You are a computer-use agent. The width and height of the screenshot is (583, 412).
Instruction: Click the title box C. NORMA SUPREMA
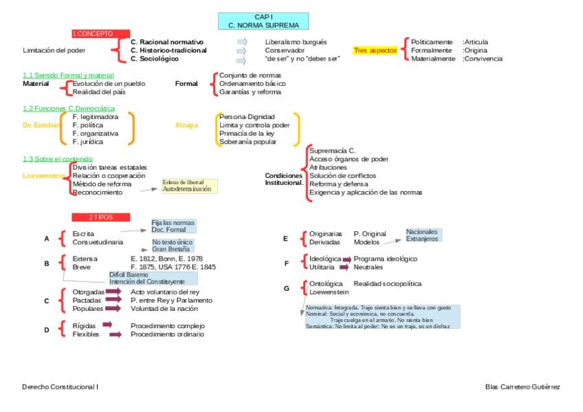point(263,21)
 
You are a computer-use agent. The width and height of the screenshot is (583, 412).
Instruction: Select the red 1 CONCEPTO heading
point(101,33)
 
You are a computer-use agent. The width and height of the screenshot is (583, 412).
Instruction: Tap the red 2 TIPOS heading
point(100,217)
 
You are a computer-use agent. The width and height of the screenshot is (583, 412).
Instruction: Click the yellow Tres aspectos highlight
point(375,50)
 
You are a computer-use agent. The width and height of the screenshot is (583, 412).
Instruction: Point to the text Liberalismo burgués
point(296,42)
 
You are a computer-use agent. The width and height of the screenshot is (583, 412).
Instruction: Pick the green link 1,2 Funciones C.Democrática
point(69,109)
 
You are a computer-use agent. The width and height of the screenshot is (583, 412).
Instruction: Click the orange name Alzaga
point(186,125)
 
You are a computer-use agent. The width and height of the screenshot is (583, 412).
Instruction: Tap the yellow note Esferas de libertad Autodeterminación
point(189,186)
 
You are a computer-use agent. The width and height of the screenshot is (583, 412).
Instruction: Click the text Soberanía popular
point(247,142)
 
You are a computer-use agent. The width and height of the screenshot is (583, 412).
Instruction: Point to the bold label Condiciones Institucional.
point(284,179)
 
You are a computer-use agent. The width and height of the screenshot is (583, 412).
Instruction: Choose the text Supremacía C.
point(332,150)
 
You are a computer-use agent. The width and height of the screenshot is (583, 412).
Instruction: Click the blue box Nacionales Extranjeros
point(422,235)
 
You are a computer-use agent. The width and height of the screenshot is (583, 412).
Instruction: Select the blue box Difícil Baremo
point(153,278)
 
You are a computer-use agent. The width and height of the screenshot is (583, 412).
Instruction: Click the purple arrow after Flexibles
point(115,334)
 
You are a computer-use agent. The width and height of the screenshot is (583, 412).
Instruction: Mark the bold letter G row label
point(286,288)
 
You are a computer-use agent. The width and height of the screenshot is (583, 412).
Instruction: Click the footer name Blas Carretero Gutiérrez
point(522,387)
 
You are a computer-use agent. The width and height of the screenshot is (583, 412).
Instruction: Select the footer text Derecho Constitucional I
point(60,387)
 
